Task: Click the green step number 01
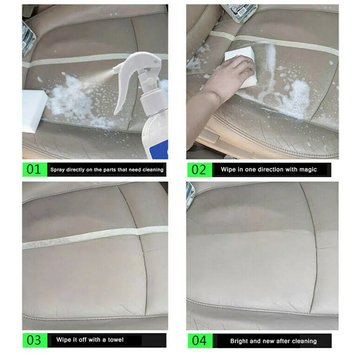[x=34, y=170]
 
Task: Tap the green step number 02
[x=199, y=170]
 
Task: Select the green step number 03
[x=34, y=340]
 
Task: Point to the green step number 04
[x=199, y=341]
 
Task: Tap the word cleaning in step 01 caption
[x=153, y=170]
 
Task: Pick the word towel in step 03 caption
[x=116, y=340]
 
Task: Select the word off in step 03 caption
[x=83, y=340]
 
